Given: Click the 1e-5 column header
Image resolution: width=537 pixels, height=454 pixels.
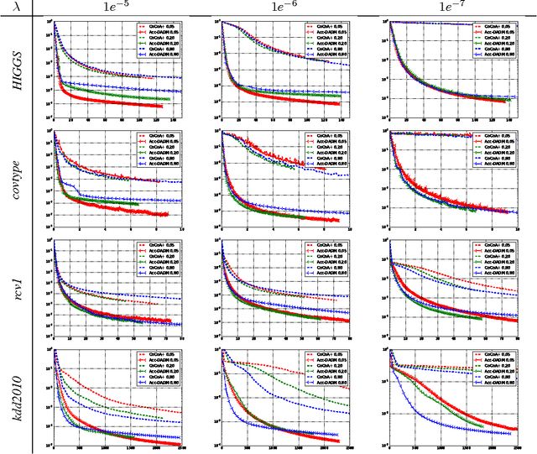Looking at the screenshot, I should click(x=117, y=8).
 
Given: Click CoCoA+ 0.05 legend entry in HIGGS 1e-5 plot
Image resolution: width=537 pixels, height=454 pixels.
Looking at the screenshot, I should click(x=161, y=26).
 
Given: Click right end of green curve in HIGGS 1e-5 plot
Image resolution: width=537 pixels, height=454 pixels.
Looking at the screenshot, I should click(x=169, y=99).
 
